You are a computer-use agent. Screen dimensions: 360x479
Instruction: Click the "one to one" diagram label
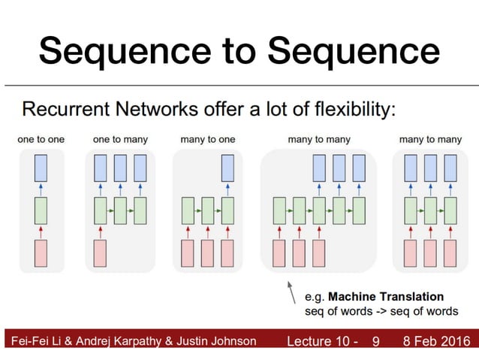41,139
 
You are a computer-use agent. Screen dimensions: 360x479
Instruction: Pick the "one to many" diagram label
120,139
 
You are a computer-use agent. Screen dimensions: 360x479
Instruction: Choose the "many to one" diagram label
207,139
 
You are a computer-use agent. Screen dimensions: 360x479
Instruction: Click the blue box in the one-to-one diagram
41,167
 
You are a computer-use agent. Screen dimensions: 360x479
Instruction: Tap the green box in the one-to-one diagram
41,210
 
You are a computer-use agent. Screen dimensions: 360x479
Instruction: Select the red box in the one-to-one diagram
41,253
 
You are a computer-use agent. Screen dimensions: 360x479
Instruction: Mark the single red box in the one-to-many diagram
100,253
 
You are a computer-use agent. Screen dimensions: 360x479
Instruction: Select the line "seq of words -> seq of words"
381,311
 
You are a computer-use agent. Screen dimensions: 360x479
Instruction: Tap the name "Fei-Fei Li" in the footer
34,341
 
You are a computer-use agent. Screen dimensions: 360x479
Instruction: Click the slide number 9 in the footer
376,341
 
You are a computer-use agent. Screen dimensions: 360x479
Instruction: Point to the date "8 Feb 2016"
438,341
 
